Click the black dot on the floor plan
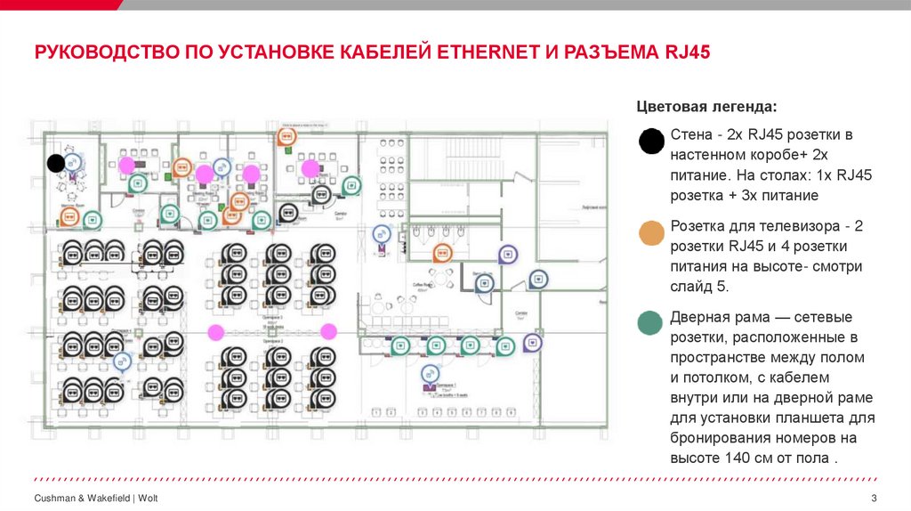[55, 163]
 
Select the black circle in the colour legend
[651, 141]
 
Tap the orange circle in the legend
[651, 232]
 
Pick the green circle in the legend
[651, 323]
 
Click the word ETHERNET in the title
[488, 52]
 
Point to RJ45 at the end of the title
[687, 52]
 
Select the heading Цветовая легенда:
[706, 107]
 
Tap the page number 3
[874, 497]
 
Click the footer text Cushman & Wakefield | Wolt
[96, 497]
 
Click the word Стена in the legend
[690, 135]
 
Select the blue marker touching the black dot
[73, 163]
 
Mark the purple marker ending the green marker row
[532, 343]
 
